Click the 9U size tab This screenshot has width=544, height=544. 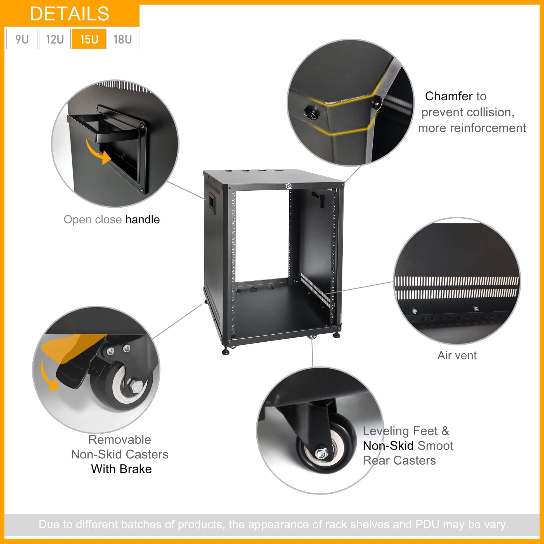pyautogui.click(x=22, y=39)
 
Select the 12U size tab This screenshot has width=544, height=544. pyautogui.click(x=55, y=39)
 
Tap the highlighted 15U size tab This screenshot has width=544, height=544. pyautogui.click(x=89, y=39)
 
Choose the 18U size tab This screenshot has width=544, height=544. pyautogui.click(x=123, y=39)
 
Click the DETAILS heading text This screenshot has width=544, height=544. pyautogui.click(x=69, y=13)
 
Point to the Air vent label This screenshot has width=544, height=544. pyautogui.click(x=457, y=355)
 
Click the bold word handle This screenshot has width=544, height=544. pyautogui.click(x=143, y=219)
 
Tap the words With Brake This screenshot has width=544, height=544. pyautogui.click(x=121, y=469)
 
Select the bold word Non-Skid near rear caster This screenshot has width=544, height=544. pyautogui.click(x=388, y=446)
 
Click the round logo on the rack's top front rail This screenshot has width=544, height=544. pyautogui.click(x=288, y=186)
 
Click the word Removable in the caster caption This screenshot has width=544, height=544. pyautogui.click(x=120, y=439)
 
